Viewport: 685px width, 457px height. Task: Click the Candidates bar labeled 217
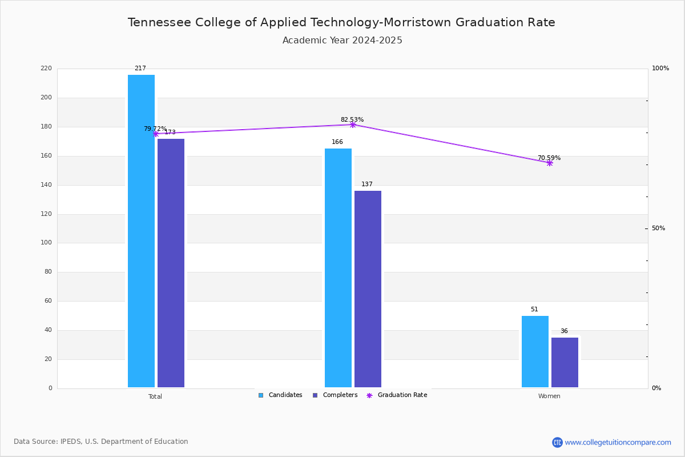pos(142,231)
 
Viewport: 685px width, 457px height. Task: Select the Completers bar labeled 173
pos(171,263)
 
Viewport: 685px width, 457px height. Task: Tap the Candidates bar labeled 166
pos(338,268)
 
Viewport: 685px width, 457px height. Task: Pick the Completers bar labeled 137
pos(368,289)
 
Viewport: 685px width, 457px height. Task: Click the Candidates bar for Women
pos(535,352)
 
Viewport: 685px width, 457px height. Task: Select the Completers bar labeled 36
pos(565,363)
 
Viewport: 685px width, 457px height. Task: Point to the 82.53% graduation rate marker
pos(353,125)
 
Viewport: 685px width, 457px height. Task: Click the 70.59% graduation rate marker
pos(550,163)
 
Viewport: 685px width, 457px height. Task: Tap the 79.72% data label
pos(155,129)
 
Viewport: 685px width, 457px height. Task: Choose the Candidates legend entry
pos(280,395)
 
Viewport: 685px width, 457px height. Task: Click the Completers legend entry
pos(335,395)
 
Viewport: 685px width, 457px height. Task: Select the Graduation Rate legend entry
pos(397,395)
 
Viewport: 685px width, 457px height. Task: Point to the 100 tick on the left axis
pos(46,243)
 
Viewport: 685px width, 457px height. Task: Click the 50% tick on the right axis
pos(658,228)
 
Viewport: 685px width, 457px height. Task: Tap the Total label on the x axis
pos(155,396)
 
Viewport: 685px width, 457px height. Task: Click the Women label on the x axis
pos(549,396)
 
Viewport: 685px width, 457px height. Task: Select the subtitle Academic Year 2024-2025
pos(342,41)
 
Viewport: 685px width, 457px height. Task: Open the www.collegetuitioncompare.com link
pos(618,442)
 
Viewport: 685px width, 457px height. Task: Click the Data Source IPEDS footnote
pos(100,442)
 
